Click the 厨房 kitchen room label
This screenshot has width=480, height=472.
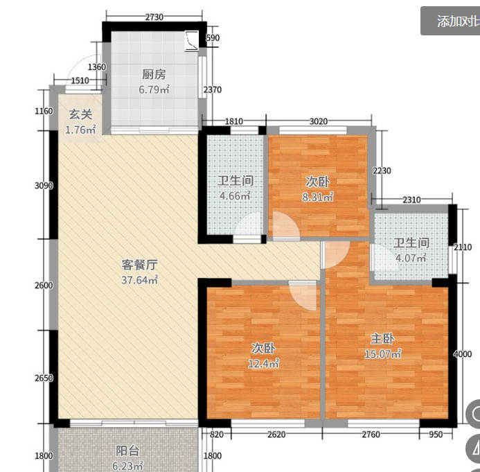[x=152, y=75]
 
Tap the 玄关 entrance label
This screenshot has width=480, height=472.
[x=78, y=115]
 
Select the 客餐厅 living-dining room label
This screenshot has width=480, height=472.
[x=141, y=264]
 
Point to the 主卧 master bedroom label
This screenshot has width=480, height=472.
[x=382, y=339]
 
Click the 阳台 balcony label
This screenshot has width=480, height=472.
[x=127, y=449]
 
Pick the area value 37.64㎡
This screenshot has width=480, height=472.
[x=141, y=280]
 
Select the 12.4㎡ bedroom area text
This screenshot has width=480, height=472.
[x=264, y=363]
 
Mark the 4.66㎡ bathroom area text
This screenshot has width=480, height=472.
[x=235, y=196]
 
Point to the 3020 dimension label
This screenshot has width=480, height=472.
[x=318, y=122]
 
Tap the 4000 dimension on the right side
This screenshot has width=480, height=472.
[x=462, y=353]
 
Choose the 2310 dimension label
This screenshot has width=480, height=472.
[x=411, y=200]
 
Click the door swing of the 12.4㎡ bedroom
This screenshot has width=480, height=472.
[x=303, y=297]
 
